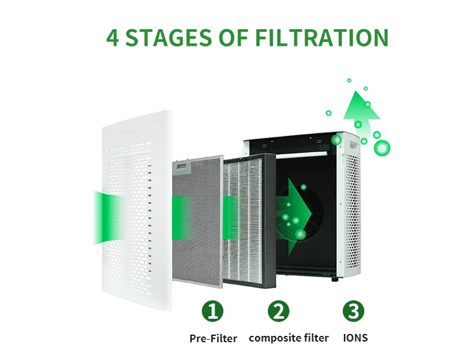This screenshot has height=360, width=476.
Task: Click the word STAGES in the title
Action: pyautogui.click(x=168, y=37)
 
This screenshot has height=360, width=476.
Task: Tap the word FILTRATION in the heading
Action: pyautogui.click(x=322, y=37)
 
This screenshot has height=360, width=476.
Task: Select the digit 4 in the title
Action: pyautogui.click(x=112, y=37)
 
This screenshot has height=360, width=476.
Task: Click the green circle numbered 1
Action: pyautogui.click(x=213, y=311)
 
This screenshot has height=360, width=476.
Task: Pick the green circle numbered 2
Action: pyautogui.click(x=279, y=311)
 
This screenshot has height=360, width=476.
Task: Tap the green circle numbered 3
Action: pyautogui.click(x=354, y=311)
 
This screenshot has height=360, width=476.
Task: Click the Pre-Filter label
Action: pyautogui.click(x=213, y=338)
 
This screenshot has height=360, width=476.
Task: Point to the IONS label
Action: pyautogui.click(x=355, y=338)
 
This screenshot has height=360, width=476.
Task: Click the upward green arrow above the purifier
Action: pyautogui.click(x=361, y=116)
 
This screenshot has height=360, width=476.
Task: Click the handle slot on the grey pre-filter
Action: pyautogui.click(x=182, y=166)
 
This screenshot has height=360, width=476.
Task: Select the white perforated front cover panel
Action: pyautogui.click(x=137, y=210)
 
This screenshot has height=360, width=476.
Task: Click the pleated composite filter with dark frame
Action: pyautogui.click(x=250, y=221)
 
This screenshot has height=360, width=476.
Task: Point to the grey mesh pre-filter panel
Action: pyautogui.click(x=197, y=221)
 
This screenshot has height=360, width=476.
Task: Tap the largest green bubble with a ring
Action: pyautogui.click(x=381, y=148)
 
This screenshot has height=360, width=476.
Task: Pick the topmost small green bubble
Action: pyautogui.click(x=349, y=80)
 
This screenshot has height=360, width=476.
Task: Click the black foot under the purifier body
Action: pyautogui.click(x=334, y=279)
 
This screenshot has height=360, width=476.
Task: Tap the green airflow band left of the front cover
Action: pyautogui.click(x=106, y=218)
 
